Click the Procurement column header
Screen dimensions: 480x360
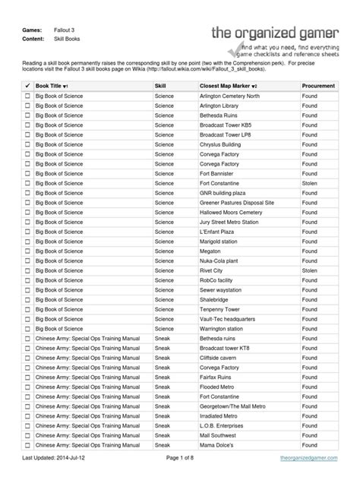317,87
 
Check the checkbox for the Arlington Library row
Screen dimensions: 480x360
28,108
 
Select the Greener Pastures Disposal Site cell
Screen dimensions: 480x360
235,204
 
